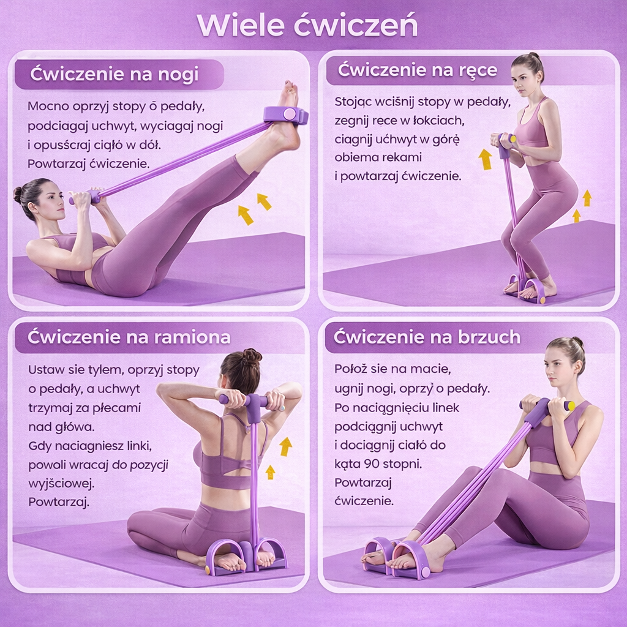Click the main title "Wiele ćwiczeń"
point(307,26)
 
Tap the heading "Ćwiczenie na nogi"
point(115,74)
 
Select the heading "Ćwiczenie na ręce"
point(418,70)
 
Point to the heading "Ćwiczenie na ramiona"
point(129,337)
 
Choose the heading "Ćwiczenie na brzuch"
point(427,337)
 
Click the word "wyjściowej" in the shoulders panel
point(61,484)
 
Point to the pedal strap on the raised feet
point(285,115)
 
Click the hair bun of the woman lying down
point(18,195)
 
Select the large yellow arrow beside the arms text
point(486,159)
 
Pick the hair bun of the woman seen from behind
point(251,357)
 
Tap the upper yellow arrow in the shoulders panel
point(285,446)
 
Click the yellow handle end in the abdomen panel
point(571,407)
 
